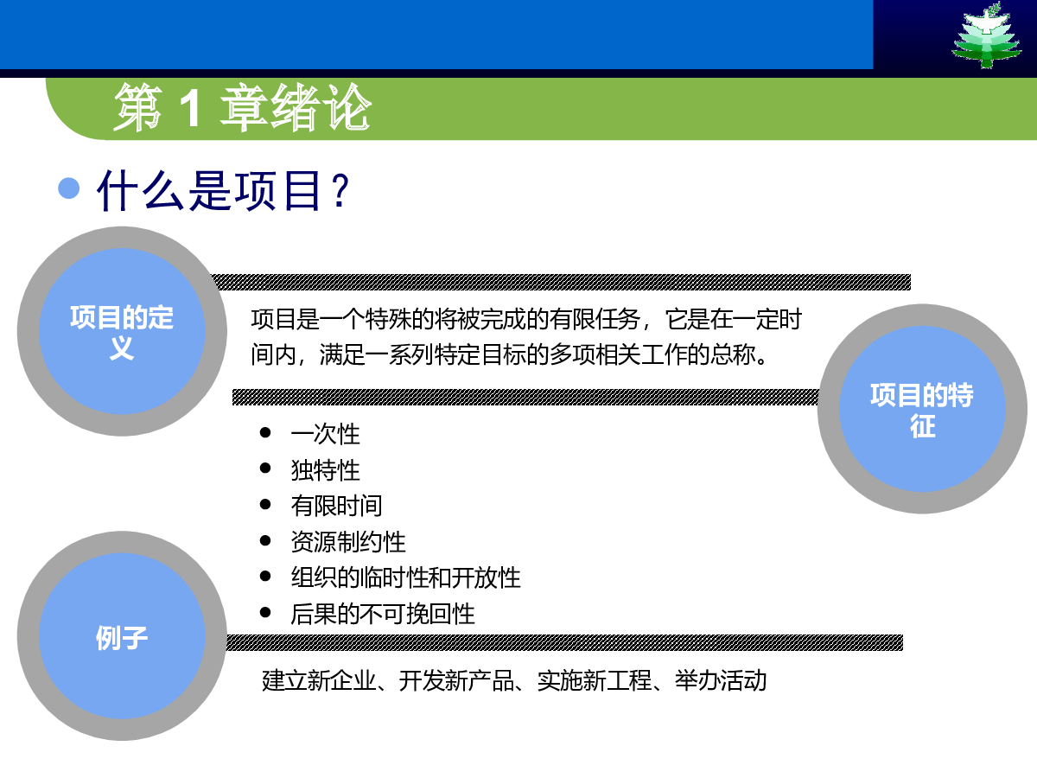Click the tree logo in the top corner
tap(987, 35)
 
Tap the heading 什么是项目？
tap(223, 190)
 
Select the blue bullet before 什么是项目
tap(68, 188)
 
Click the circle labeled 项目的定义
tap(122, 331)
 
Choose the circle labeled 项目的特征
tap(922, 409)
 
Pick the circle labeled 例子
tap(122, 636)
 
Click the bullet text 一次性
tap(325, 434)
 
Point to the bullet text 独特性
tap(325, 470)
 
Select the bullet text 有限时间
tap(336, 506)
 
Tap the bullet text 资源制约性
tap(348, 542)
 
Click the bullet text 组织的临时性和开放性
tap(405, 577)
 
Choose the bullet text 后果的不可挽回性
tap(383, 614)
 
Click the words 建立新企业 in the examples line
tap(320, 680)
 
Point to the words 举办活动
tap(721, 680)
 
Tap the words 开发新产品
tap(456, 680)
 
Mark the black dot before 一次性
tap(265, 432)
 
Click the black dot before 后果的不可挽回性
tap(265, 613)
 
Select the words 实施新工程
tap(595, 680)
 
